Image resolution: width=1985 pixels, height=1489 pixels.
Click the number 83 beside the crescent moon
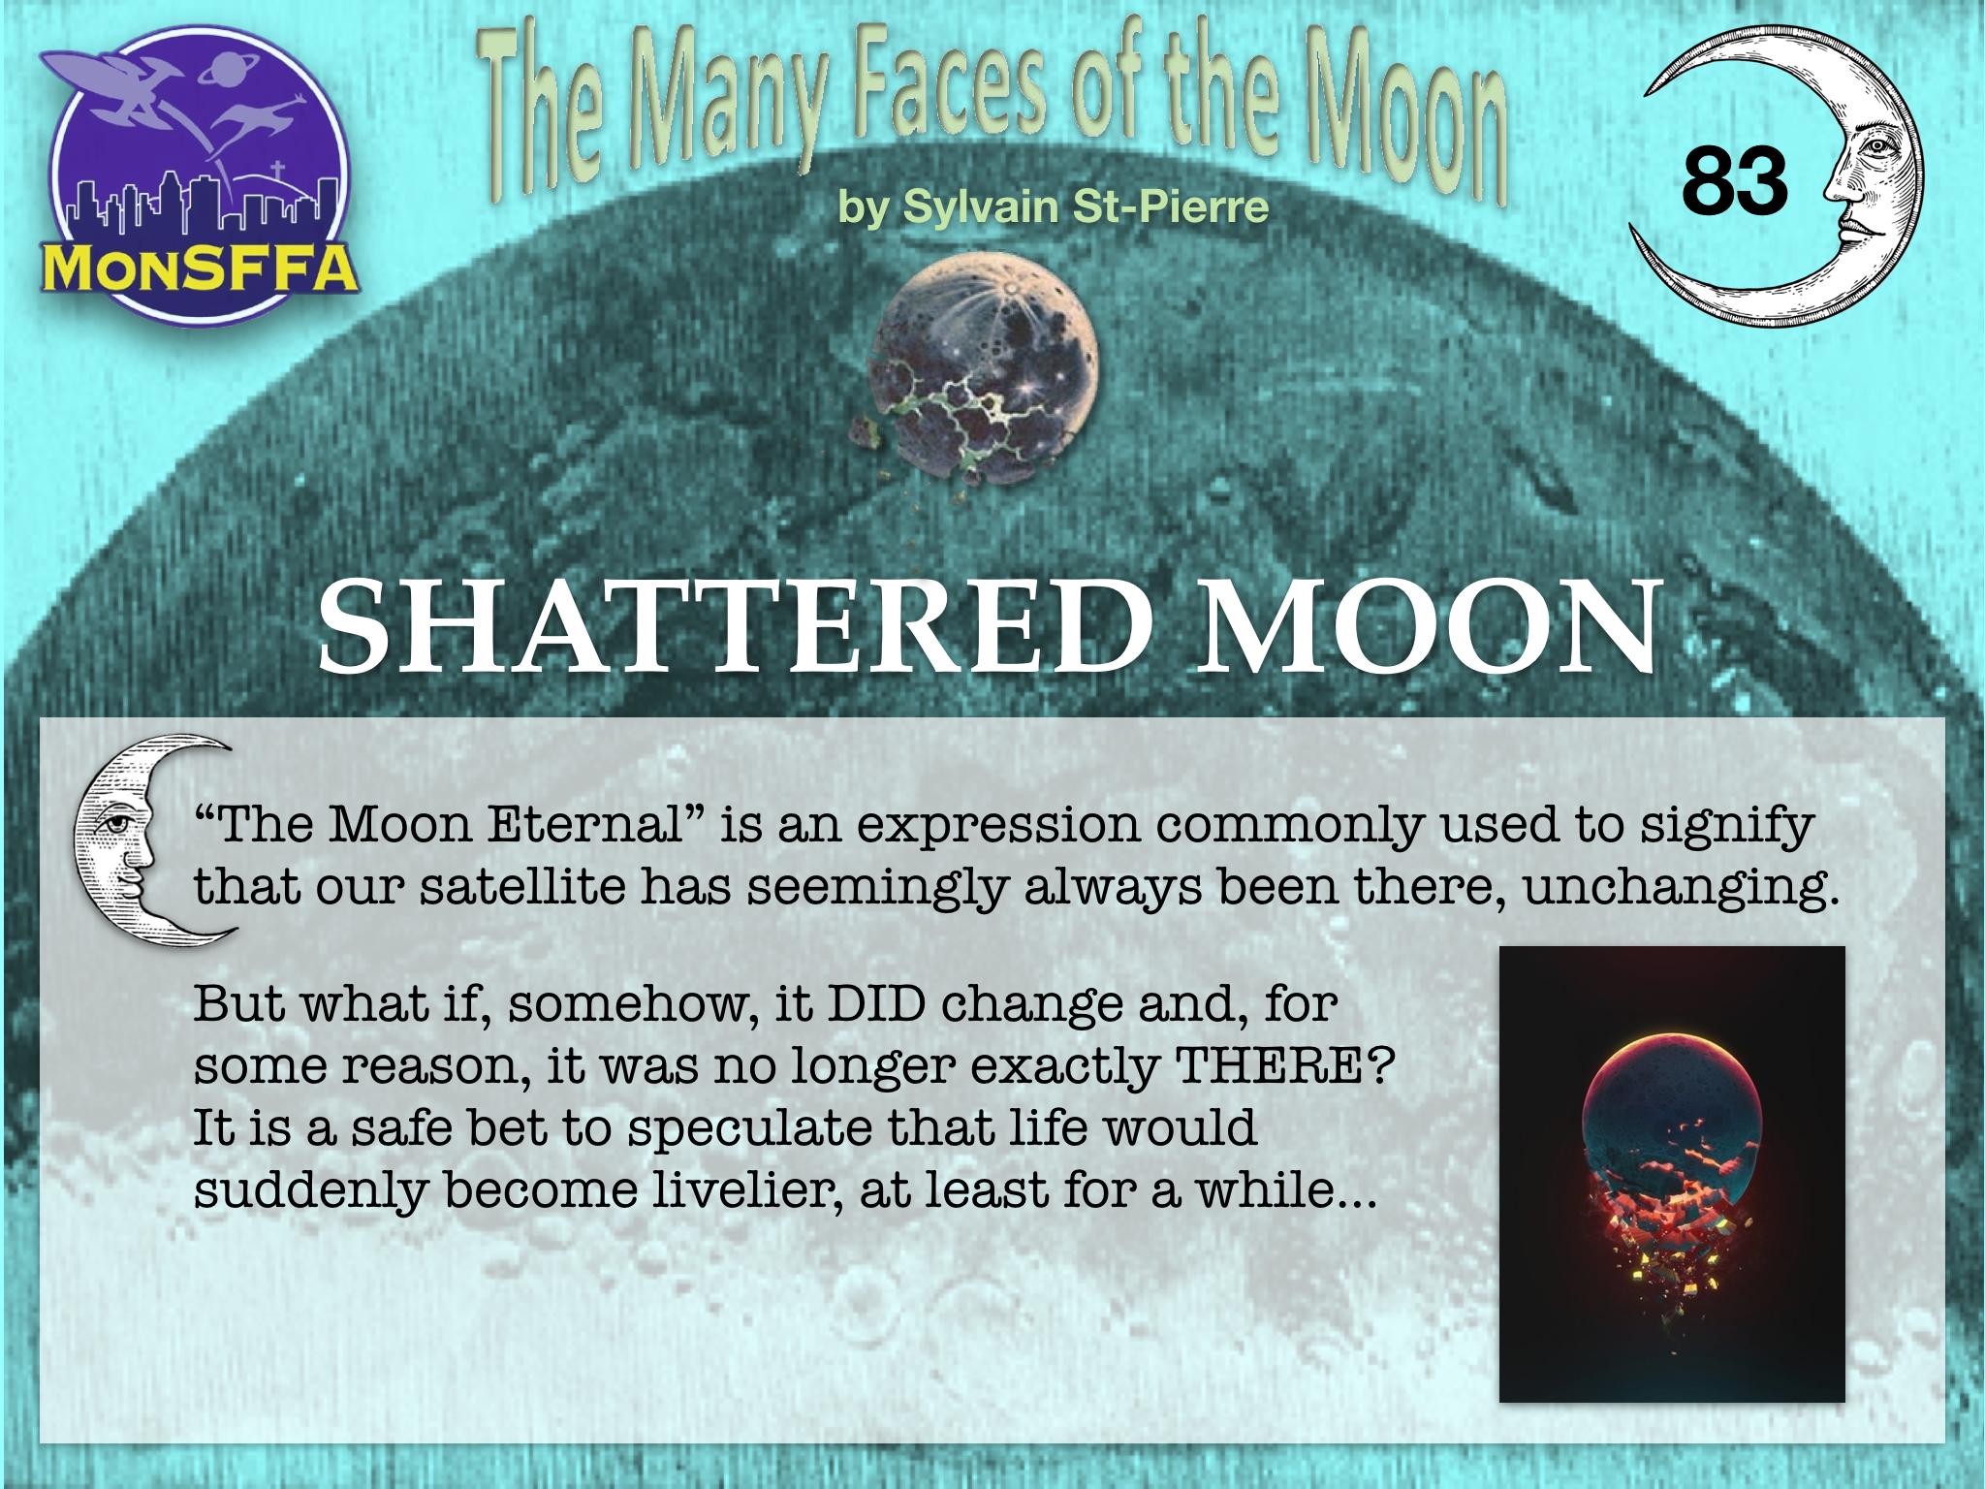coord(1735,181)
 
